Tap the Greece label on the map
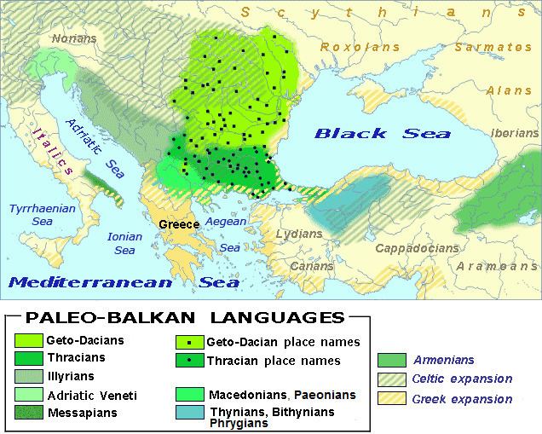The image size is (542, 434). click(179, 225)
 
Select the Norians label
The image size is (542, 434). click(74, 38)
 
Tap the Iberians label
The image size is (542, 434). click(515, 133)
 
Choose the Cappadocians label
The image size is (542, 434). click(418, 249)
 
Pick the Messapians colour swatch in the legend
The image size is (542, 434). click(28, 414)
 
